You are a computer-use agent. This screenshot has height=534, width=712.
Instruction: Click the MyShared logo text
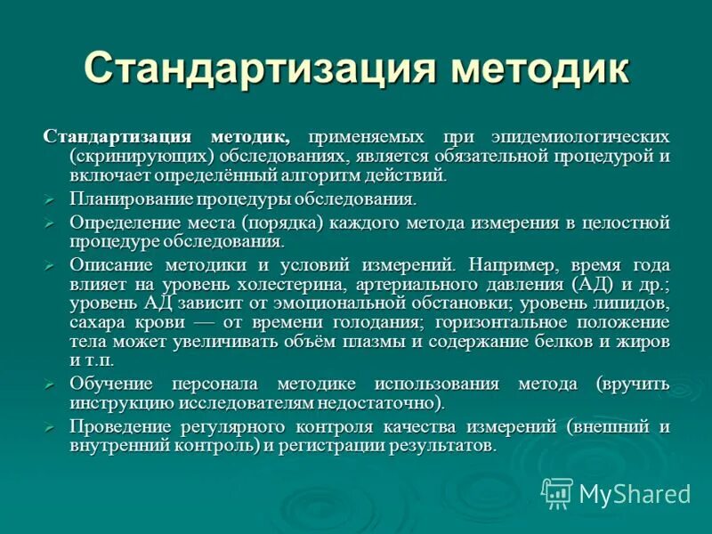(x=634, y=494)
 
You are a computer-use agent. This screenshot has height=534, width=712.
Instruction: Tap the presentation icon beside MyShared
(x=557, y=492)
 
